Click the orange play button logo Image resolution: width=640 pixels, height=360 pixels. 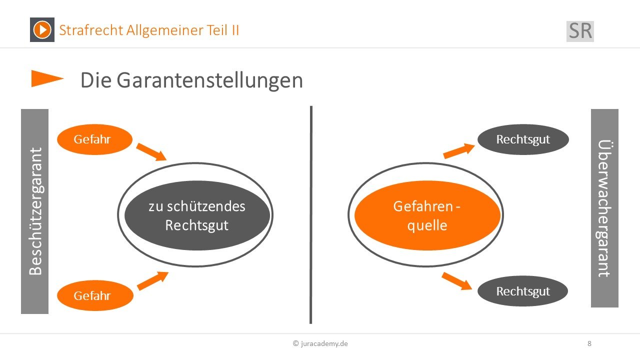pyautogui.click(x=42, y=29)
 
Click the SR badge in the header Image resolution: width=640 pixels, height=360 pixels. pyautogui.click(x=580, y=31)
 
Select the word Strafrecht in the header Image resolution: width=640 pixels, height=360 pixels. pyautogui.click(x=91, y=30)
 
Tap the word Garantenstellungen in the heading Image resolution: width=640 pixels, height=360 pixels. pyautogui.click(x=209, y=80)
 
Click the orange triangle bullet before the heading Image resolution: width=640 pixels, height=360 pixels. pyautogui.click(x=47, y=78)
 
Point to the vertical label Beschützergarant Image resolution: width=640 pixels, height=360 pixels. pyautogui.click(x=35, y=211)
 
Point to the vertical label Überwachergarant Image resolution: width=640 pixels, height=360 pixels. pyautogui.click(x=604, y=208)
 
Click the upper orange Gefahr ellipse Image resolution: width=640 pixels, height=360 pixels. pyautogui.click(x=95, y=139)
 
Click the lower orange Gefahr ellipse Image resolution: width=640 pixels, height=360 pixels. pyautogui.click(x=95, y=295)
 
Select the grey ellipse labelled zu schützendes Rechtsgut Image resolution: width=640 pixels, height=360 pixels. pyautogui.click(x=197, y=215)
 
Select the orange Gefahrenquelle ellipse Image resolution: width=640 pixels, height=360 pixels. pyautogui.click(x=427, y=215)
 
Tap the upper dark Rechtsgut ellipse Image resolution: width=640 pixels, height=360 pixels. pyautogui.click(x=523, y=139)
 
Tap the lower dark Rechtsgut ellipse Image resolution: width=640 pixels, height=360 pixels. pyautogui.click(x=522, y=291)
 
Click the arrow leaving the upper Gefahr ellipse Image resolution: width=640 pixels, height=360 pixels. pyautogui.click(x=151, y=152)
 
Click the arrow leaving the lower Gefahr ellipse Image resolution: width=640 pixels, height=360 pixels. pyautogui.click(x=153, y=280)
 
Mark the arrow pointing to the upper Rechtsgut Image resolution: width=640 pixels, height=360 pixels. pyautogui.click(x=459, y=151)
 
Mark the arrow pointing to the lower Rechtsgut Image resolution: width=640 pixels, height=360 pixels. pyautogui.click(x=457, y=281)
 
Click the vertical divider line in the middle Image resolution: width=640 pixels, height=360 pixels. pyautogui.click(x=311, y=215)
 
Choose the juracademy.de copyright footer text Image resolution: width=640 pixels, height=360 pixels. pyautogui.click(x=320, y=343)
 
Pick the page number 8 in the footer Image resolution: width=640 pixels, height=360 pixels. pyautogui.click(x=589, y=343)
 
